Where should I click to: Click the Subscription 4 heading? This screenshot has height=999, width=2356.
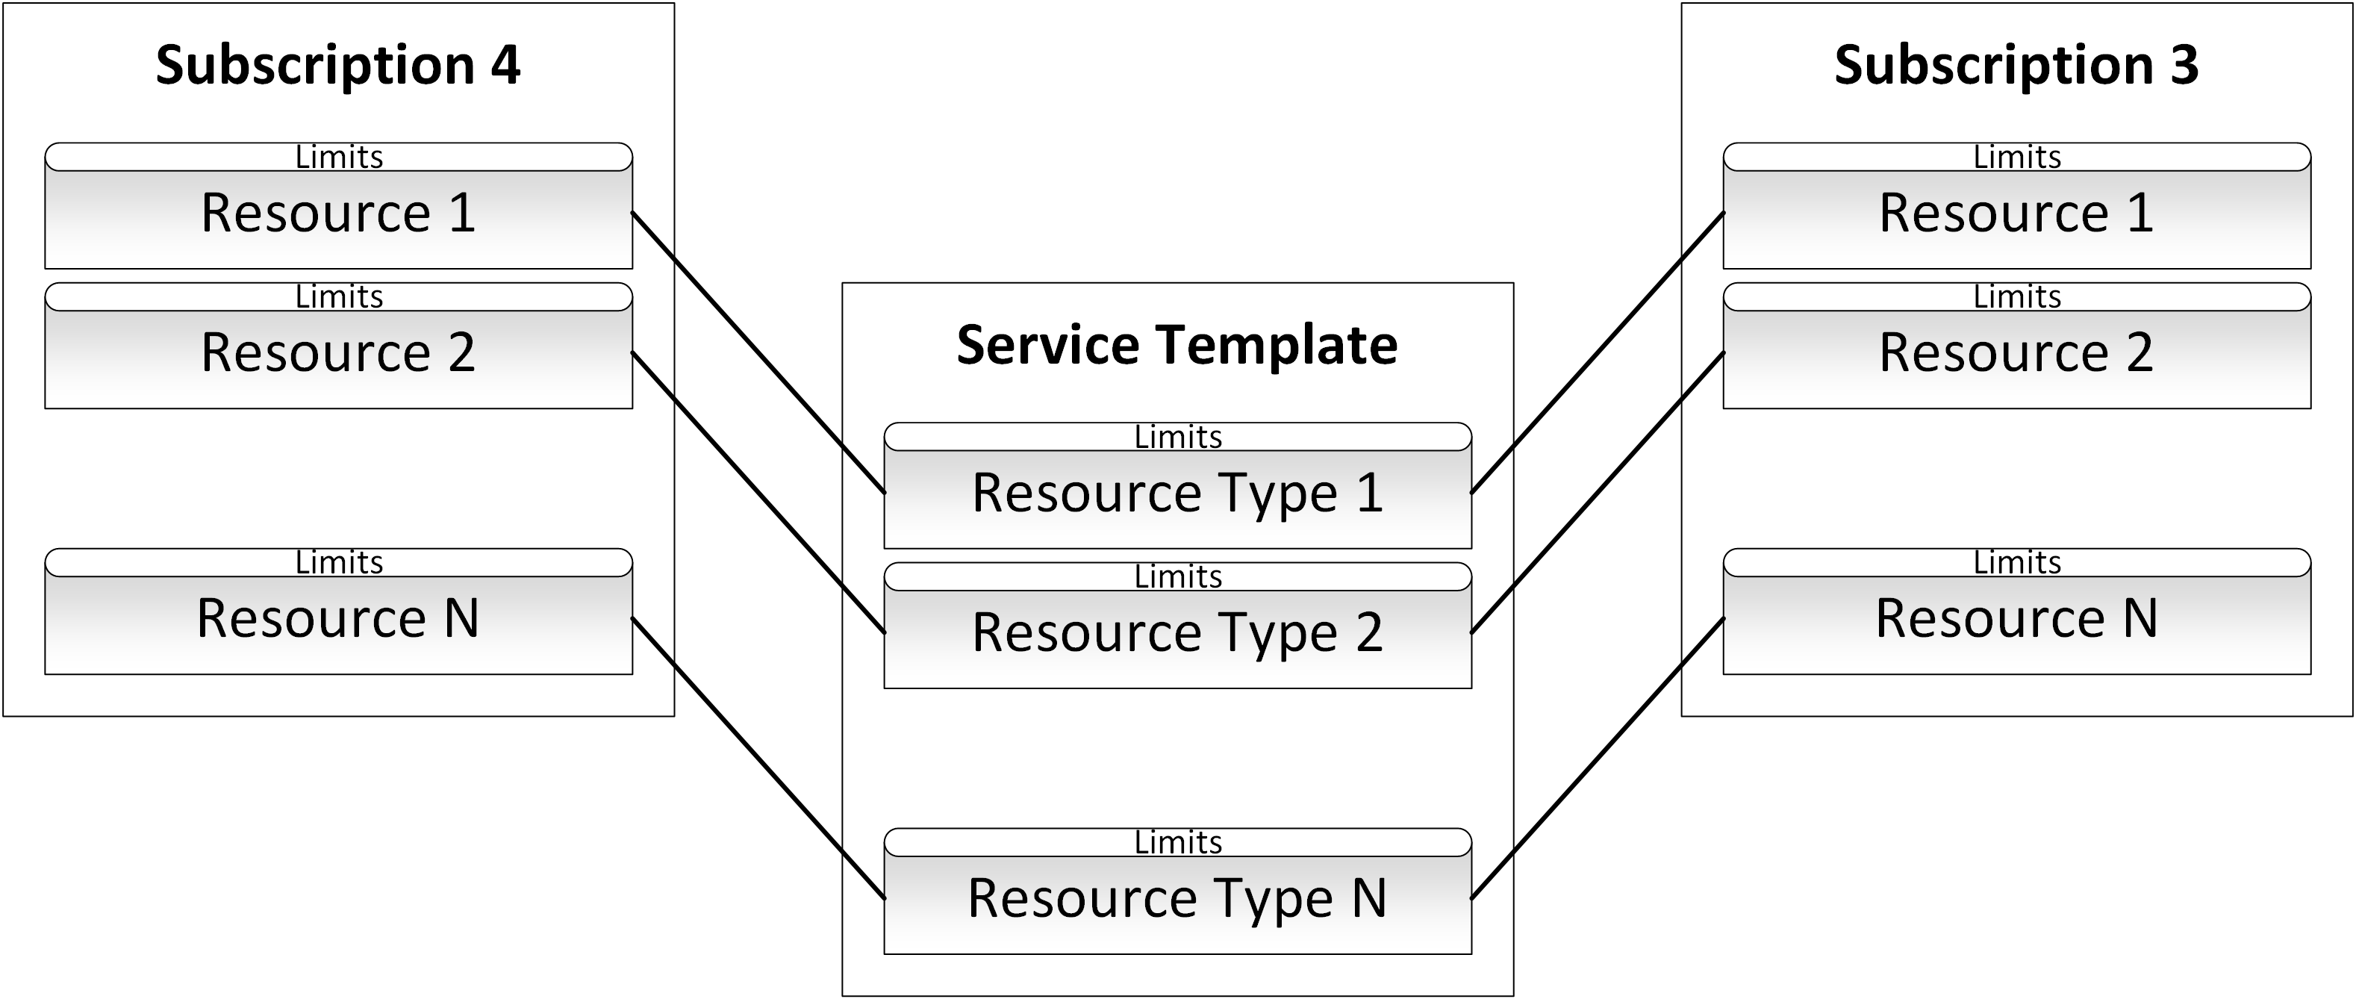point(337,66)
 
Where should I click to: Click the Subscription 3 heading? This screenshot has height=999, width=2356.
point(2016,66)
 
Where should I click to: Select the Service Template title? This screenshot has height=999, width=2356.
point(1177,345)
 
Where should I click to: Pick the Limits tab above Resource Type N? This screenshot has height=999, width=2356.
point(1177,842)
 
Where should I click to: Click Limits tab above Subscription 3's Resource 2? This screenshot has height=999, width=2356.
point(2016,297)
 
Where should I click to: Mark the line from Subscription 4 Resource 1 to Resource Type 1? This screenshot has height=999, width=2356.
point(758,352)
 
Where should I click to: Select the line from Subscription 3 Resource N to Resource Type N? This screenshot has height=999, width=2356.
point(1597,759)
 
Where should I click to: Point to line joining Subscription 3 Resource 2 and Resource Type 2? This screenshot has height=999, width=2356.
point(1597,493)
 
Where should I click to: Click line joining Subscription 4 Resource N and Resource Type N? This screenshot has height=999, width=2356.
point(758,759)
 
